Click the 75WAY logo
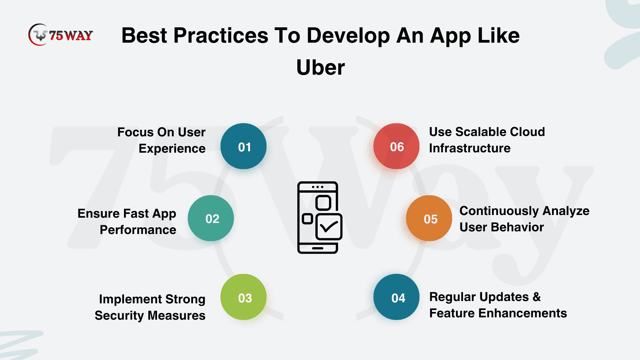[61, 35]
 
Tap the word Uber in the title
[320, 67]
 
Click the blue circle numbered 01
[243, 146]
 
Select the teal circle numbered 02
[211, 218]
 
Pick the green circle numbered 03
[243, 297]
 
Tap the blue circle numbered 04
[396, 297]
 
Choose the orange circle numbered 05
[429, 218]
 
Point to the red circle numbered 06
[396, 146]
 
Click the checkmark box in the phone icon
[329, 227]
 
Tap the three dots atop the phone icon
[318, 187]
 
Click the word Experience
[172, 149]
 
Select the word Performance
[138, 230]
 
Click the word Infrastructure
[470, 148]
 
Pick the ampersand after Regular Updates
[537, 297]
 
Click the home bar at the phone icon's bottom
[318, 248]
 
